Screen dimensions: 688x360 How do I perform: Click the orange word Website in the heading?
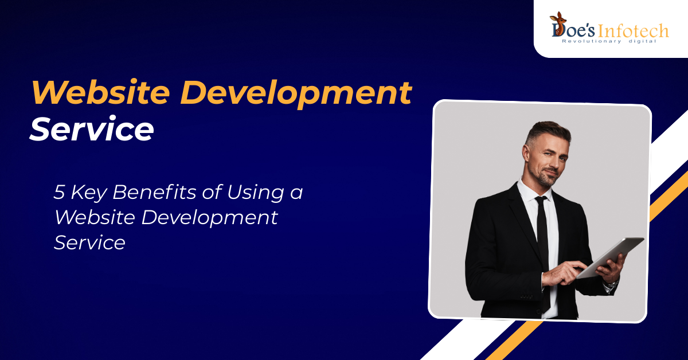[x=100, y=92]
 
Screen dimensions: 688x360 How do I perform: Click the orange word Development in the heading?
[x=296, y=94]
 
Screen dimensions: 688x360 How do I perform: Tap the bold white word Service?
[x=92, y=129]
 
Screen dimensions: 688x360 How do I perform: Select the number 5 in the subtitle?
[x=59, y=192]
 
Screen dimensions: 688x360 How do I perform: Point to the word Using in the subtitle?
[x=255, y=193]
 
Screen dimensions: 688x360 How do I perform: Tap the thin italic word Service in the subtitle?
[x=89, y=242]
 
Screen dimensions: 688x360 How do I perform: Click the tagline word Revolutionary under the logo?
[x=587, y=41]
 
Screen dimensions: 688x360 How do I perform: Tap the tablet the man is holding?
[x=609, y=257]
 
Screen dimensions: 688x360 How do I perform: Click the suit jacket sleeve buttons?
[x=526, y=297]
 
